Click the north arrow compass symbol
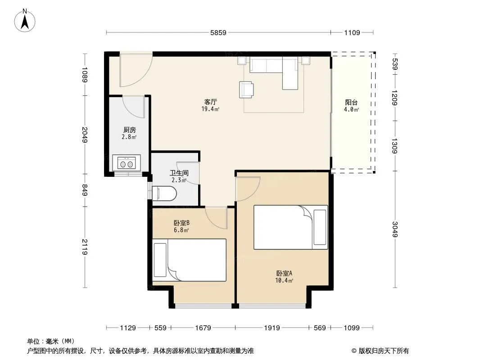pos(25,20)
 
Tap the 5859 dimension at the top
pos(218,32)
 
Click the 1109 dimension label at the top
pos(352,32)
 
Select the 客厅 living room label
pos(210,102)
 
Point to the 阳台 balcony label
pos(351,103)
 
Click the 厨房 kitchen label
pos(130,130)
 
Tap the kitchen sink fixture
pos(127,163)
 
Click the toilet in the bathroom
pos(164,193)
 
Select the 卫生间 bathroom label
pos(179,173)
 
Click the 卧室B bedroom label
pos(181,223)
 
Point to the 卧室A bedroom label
pos(285,273)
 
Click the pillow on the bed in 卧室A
pos(320,227)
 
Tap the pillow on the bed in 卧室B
pos(160,260)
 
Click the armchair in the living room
pos(246,90)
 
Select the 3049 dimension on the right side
pos(395,229)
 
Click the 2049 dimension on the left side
pos(85,135)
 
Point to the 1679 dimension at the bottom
pos(203,328)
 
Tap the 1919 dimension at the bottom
pos(272,328)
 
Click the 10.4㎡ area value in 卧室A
pos(285,280)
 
